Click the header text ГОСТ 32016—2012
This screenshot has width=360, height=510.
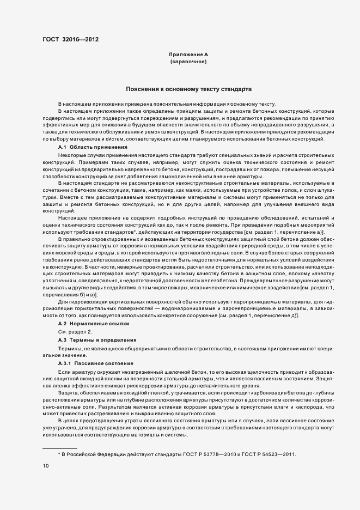pyautogui.click(x=71, y=39)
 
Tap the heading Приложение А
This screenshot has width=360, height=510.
pyautogui.click(x=188, y=55)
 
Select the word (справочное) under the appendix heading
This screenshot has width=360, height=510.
pyautogui.click(x=188, y=62)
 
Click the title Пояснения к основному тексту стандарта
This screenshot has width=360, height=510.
pyautogui.click(x=189, y=88)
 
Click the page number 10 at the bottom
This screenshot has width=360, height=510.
pyautogui.click(x=46, y=466)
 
